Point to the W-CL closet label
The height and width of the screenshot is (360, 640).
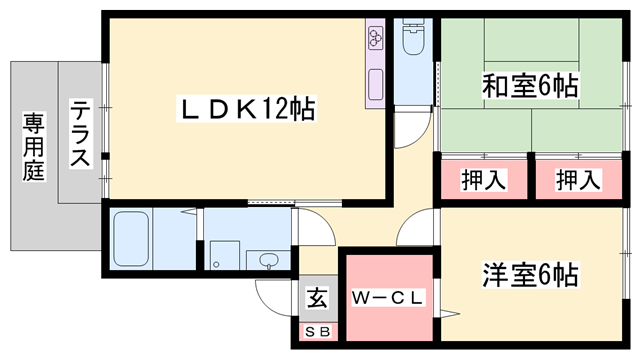[x=389, y=297]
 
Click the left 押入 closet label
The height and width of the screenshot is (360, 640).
[x=483, y=181]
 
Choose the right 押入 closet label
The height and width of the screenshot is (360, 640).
[x=578, y=181]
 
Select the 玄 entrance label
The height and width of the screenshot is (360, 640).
[x=317, y=298]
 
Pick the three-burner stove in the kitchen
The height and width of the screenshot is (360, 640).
[x=376, y=39]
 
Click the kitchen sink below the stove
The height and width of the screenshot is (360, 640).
[x=376, y=82]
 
